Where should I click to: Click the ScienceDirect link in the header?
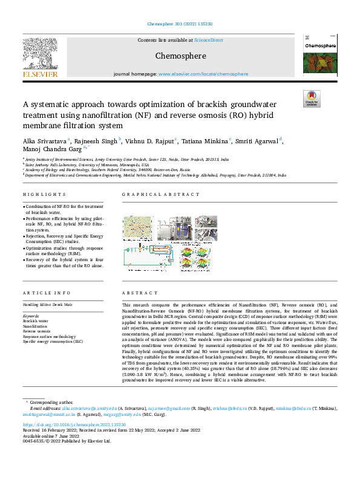point(208,40)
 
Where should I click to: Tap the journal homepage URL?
point(203,74)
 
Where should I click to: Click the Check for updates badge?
point(311,98)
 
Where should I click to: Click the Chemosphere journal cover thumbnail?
point(319,56)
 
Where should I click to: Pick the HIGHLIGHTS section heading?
point(44,195)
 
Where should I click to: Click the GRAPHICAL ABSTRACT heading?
point(160,195)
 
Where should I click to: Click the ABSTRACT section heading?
point(135,293)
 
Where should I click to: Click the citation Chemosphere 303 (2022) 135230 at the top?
point(180,24)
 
